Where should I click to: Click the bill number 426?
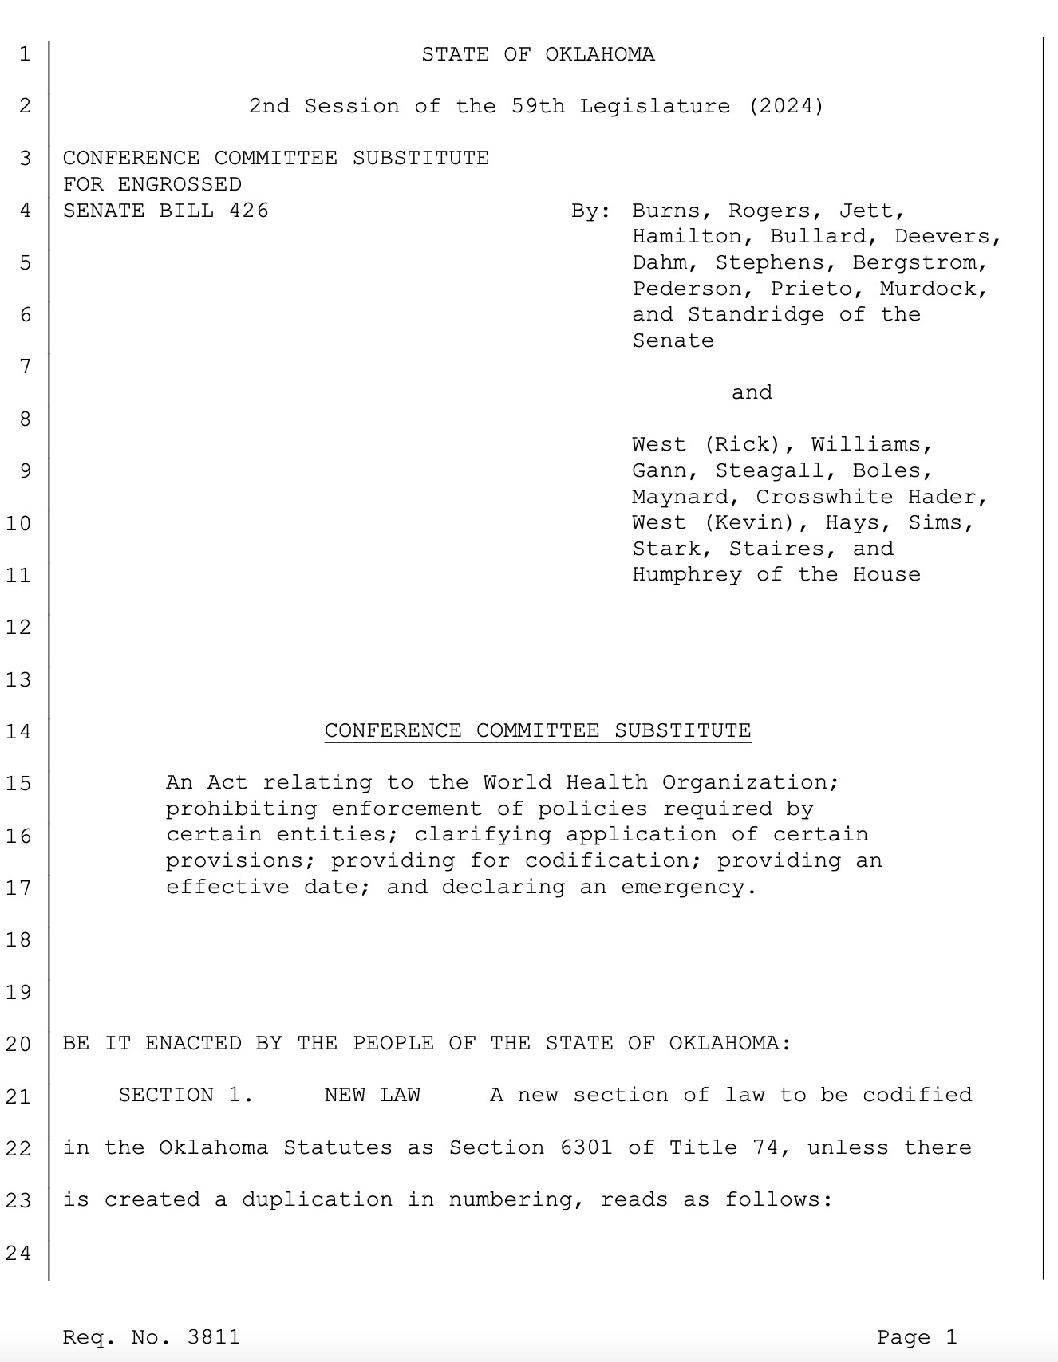click(x=249, y=211)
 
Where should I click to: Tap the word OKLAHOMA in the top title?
click(x=600, y=54)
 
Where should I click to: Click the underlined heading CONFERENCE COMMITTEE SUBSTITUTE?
click(x=538, y=730)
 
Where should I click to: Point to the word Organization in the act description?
click(x=750, y=782)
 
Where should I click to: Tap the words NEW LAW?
click(x=372, y=1095)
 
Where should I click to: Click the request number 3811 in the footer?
click(x=213, y=1337)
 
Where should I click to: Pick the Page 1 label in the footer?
click(x=916, y=1337)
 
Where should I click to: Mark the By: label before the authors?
click(x=591, y=211)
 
